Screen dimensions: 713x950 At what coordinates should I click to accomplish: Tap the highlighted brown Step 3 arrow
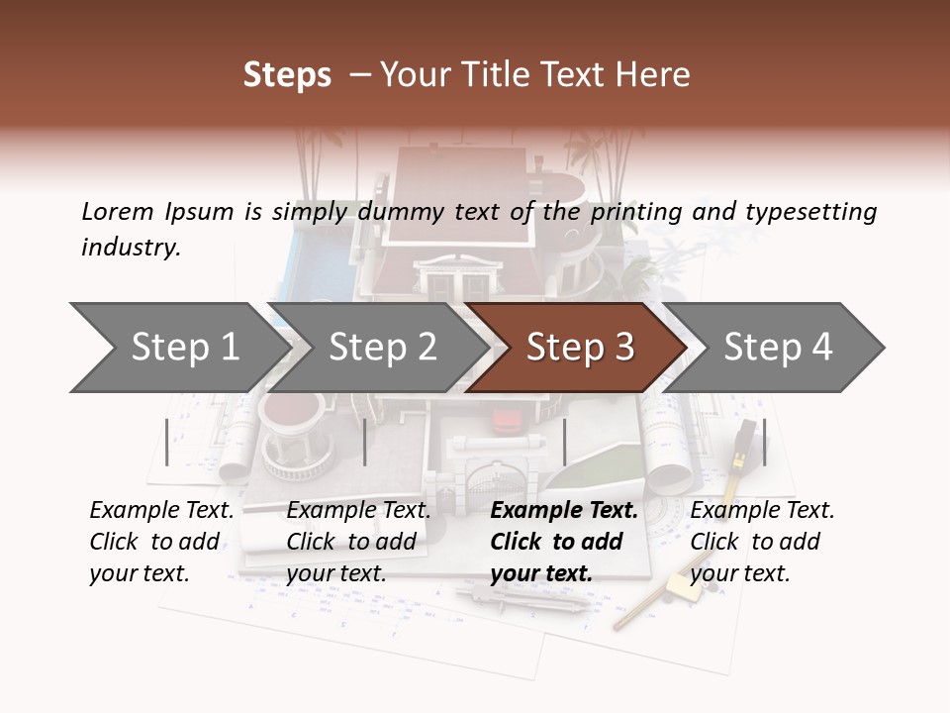(579, 348)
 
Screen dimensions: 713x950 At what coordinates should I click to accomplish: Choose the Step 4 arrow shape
(777, 348)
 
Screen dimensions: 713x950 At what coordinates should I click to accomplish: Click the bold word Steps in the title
(287, 75)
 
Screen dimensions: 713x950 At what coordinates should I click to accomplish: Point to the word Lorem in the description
(118, 212)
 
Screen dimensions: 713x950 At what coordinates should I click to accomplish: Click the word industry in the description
(131, 248)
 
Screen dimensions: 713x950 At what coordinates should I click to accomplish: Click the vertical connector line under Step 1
(167, 442)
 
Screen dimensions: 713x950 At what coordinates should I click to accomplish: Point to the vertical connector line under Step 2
(365, 442)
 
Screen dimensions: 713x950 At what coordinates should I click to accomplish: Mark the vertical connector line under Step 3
(564, 442)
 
